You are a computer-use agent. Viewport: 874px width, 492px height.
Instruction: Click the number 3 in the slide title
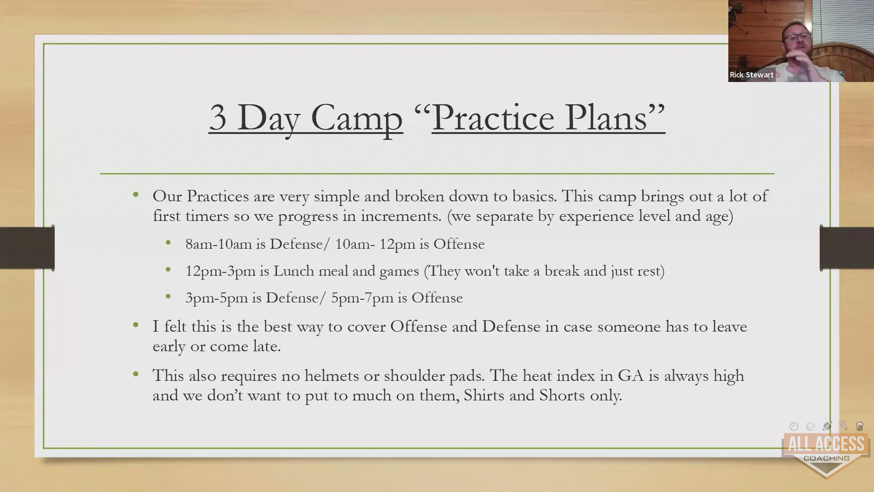[218, 118]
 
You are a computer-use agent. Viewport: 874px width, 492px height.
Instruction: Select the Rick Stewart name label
[752, 75]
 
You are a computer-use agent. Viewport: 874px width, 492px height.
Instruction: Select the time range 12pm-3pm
[220, 272]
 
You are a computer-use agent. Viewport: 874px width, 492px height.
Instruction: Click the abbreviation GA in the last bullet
[630, 376]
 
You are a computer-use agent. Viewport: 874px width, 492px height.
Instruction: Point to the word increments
[401, 216]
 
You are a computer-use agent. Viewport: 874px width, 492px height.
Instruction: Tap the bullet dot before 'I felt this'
[136, 325]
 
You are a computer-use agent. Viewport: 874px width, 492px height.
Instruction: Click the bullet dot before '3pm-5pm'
[168, 297]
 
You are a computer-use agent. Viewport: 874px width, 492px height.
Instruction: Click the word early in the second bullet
[169, 347]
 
